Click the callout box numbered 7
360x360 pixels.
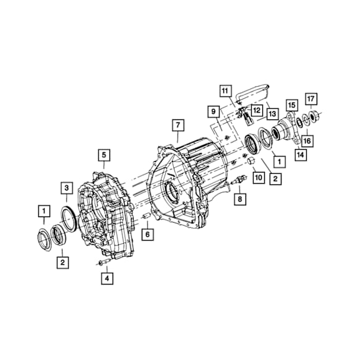(x=178, y=125)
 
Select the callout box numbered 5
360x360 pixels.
(x=105, y=155)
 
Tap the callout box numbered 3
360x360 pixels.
(x=67, y=188)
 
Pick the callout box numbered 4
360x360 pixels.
(x=107, y=278)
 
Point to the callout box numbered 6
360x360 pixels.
(x=147, y=234)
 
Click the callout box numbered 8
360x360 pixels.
(x=240, y=199)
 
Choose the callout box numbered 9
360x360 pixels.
(x=213, y=111)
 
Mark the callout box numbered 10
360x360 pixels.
(x=259, y=178)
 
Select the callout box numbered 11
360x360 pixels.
(x=225, y=91)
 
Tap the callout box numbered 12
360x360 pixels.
(x=257, y=111)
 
